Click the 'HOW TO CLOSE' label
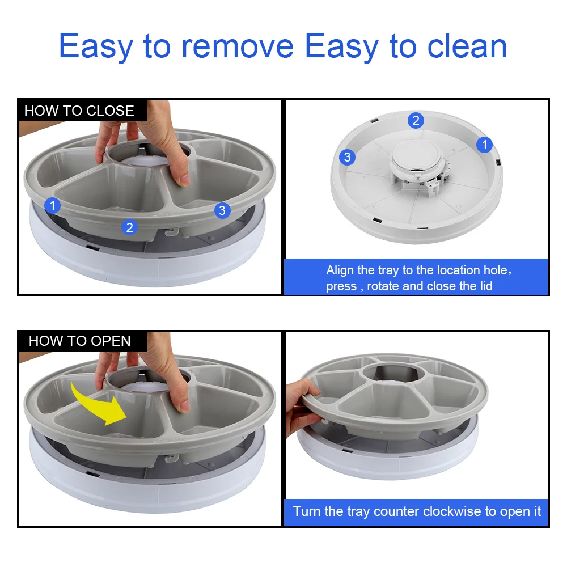point(79,111)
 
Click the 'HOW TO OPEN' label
point(79,341)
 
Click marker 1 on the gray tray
point(53,205)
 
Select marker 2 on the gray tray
point(130,227)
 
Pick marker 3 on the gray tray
point(222,210)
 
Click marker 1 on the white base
point(484,145)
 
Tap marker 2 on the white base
point(416,120)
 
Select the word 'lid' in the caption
point(485,286)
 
